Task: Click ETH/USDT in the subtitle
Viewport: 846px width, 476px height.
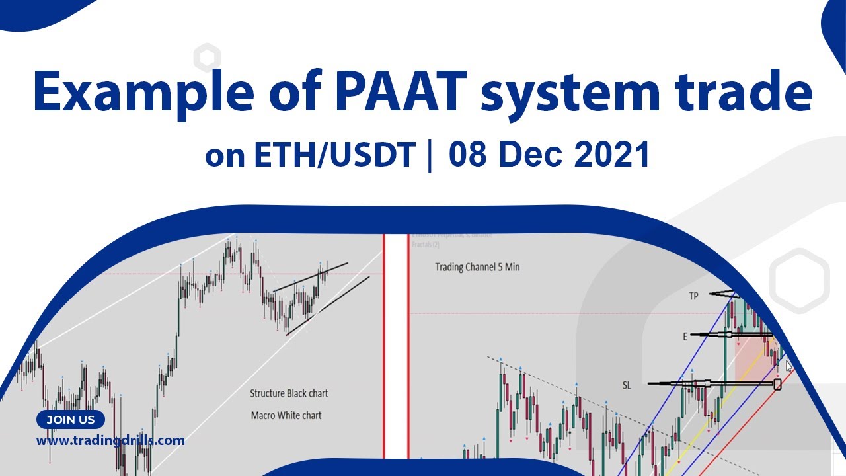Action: click(334, 156)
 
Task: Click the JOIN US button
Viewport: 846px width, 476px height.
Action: click(71, 420)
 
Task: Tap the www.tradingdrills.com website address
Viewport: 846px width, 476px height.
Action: click(110, 440)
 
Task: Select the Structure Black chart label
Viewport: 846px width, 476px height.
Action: click(289, 393)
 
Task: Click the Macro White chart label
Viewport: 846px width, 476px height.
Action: click(286, 415)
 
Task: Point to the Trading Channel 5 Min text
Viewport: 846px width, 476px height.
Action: click(477, 267)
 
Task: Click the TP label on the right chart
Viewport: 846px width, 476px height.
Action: click(693, 296)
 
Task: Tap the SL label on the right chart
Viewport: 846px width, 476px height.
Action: click(627, 385)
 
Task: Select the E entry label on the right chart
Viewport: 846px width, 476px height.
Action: click(685, 337)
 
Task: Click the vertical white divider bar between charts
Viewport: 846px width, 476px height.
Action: click(397, 344)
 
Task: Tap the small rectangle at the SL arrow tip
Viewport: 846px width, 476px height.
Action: click(777, 383)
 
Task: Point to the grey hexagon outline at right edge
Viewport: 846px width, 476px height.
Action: click(799, 280)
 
